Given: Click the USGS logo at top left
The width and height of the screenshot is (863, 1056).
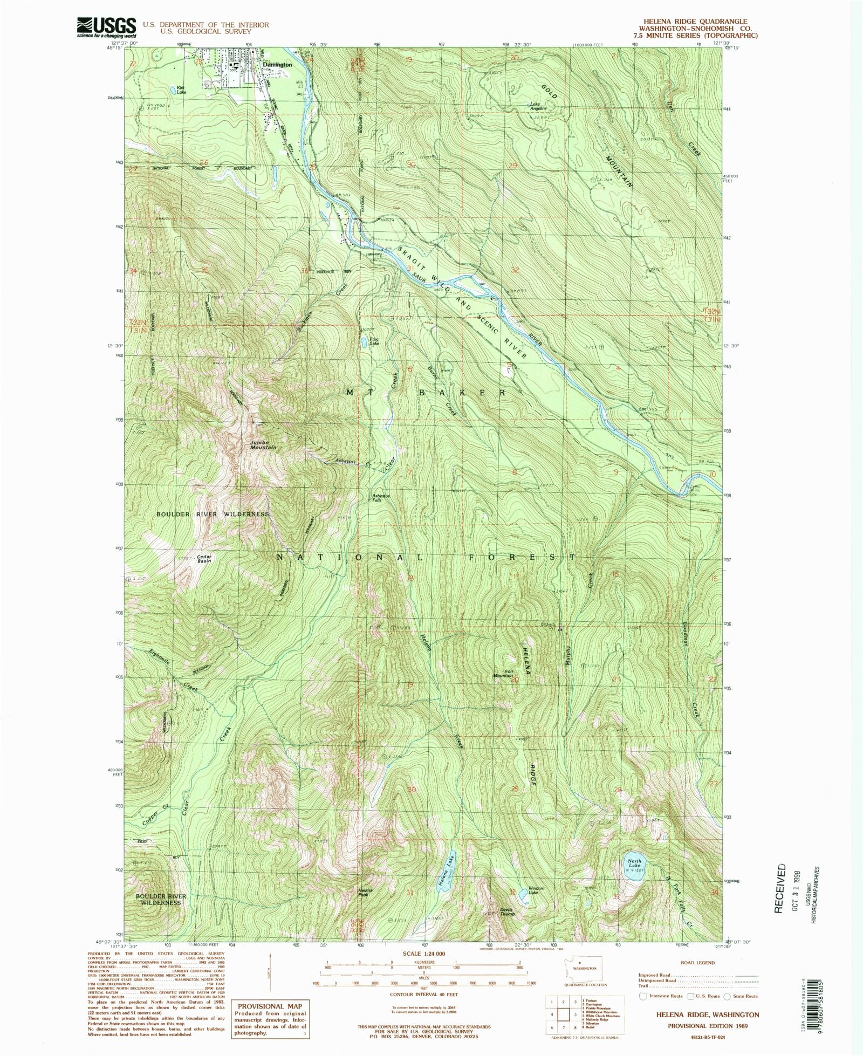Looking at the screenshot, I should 106,26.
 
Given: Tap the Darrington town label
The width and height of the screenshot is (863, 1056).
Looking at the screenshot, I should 278,65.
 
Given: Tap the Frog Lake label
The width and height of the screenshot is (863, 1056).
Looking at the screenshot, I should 374,341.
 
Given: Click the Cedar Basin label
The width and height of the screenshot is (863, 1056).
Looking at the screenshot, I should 204,559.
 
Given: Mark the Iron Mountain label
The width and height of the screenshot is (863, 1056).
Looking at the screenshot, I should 502,673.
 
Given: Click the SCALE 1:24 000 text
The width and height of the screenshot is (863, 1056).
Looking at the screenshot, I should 424,954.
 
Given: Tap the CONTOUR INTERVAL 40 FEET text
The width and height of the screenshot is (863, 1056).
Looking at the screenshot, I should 423,994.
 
